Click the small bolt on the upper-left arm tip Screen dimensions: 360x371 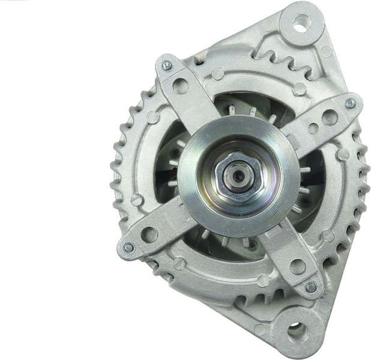click(x=167, y=66)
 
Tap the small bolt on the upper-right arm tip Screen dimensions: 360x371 click(x=351, y=103)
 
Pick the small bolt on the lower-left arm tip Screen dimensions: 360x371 click(x=128, y=248)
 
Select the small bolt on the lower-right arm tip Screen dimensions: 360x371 click(x=310, y=287)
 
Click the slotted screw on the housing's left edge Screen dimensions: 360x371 click(x=137, y=199)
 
